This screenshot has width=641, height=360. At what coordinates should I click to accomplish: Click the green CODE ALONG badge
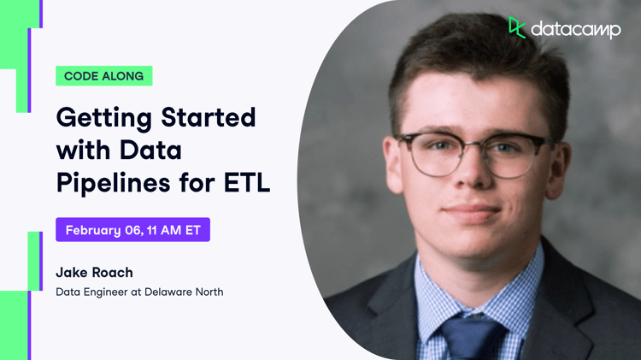coord(103,76)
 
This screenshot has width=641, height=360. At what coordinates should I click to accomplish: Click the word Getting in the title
coord(104,119)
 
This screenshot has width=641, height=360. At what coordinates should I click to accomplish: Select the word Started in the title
coord(209,117)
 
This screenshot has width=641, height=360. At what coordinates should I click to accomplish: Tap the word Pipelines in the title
coord(113,183)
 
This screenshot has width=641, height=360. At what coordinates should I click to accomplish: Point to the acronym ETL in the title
coord(247,182)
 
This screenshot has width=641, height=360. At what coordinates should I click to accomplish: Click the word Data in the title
coord(150,150)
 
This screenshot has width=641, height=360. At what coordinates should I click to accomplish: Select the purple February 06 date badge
coord(132,229)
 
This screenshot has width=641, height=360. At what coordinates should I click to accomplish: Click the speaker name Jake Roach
coord(94,273)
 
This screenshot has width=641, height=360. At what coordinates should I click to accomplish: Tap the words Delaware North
coord(184,292)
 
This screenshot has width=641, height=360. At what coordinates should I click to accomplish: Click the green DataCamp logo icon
coord(517,27)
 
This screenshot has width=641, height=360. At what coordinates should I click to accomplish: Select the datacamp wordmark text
coord(575,30)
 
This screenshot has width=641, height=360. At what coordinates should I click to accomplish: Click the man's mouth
coord(473,211)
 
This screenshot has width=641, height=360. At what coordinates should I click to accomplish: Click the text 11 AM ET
coord(173,230)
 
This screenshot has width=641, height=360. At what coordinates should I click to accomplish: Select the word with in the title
coord(84,150)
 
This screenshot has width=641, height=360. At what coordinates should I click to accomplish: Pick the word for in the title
coord(197,182)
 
